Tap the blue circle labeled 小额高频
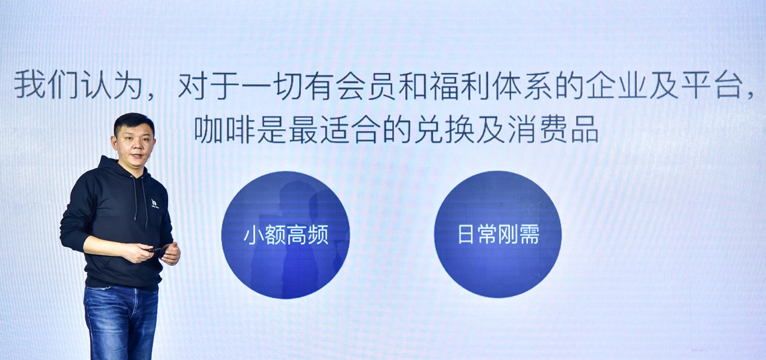coord(286,235)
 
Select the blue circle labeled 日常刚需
coord(498,234)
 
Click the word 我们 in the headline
coord(45,85)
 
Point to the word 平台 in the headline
coord(712,85)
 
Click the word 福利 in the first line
coord(459,85)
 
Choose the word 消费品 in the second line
coord(553,130)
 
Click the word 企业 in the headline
coord(617,85)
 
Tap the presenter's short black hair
coord(134,124)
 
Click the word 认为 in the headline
coord(110,85)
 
